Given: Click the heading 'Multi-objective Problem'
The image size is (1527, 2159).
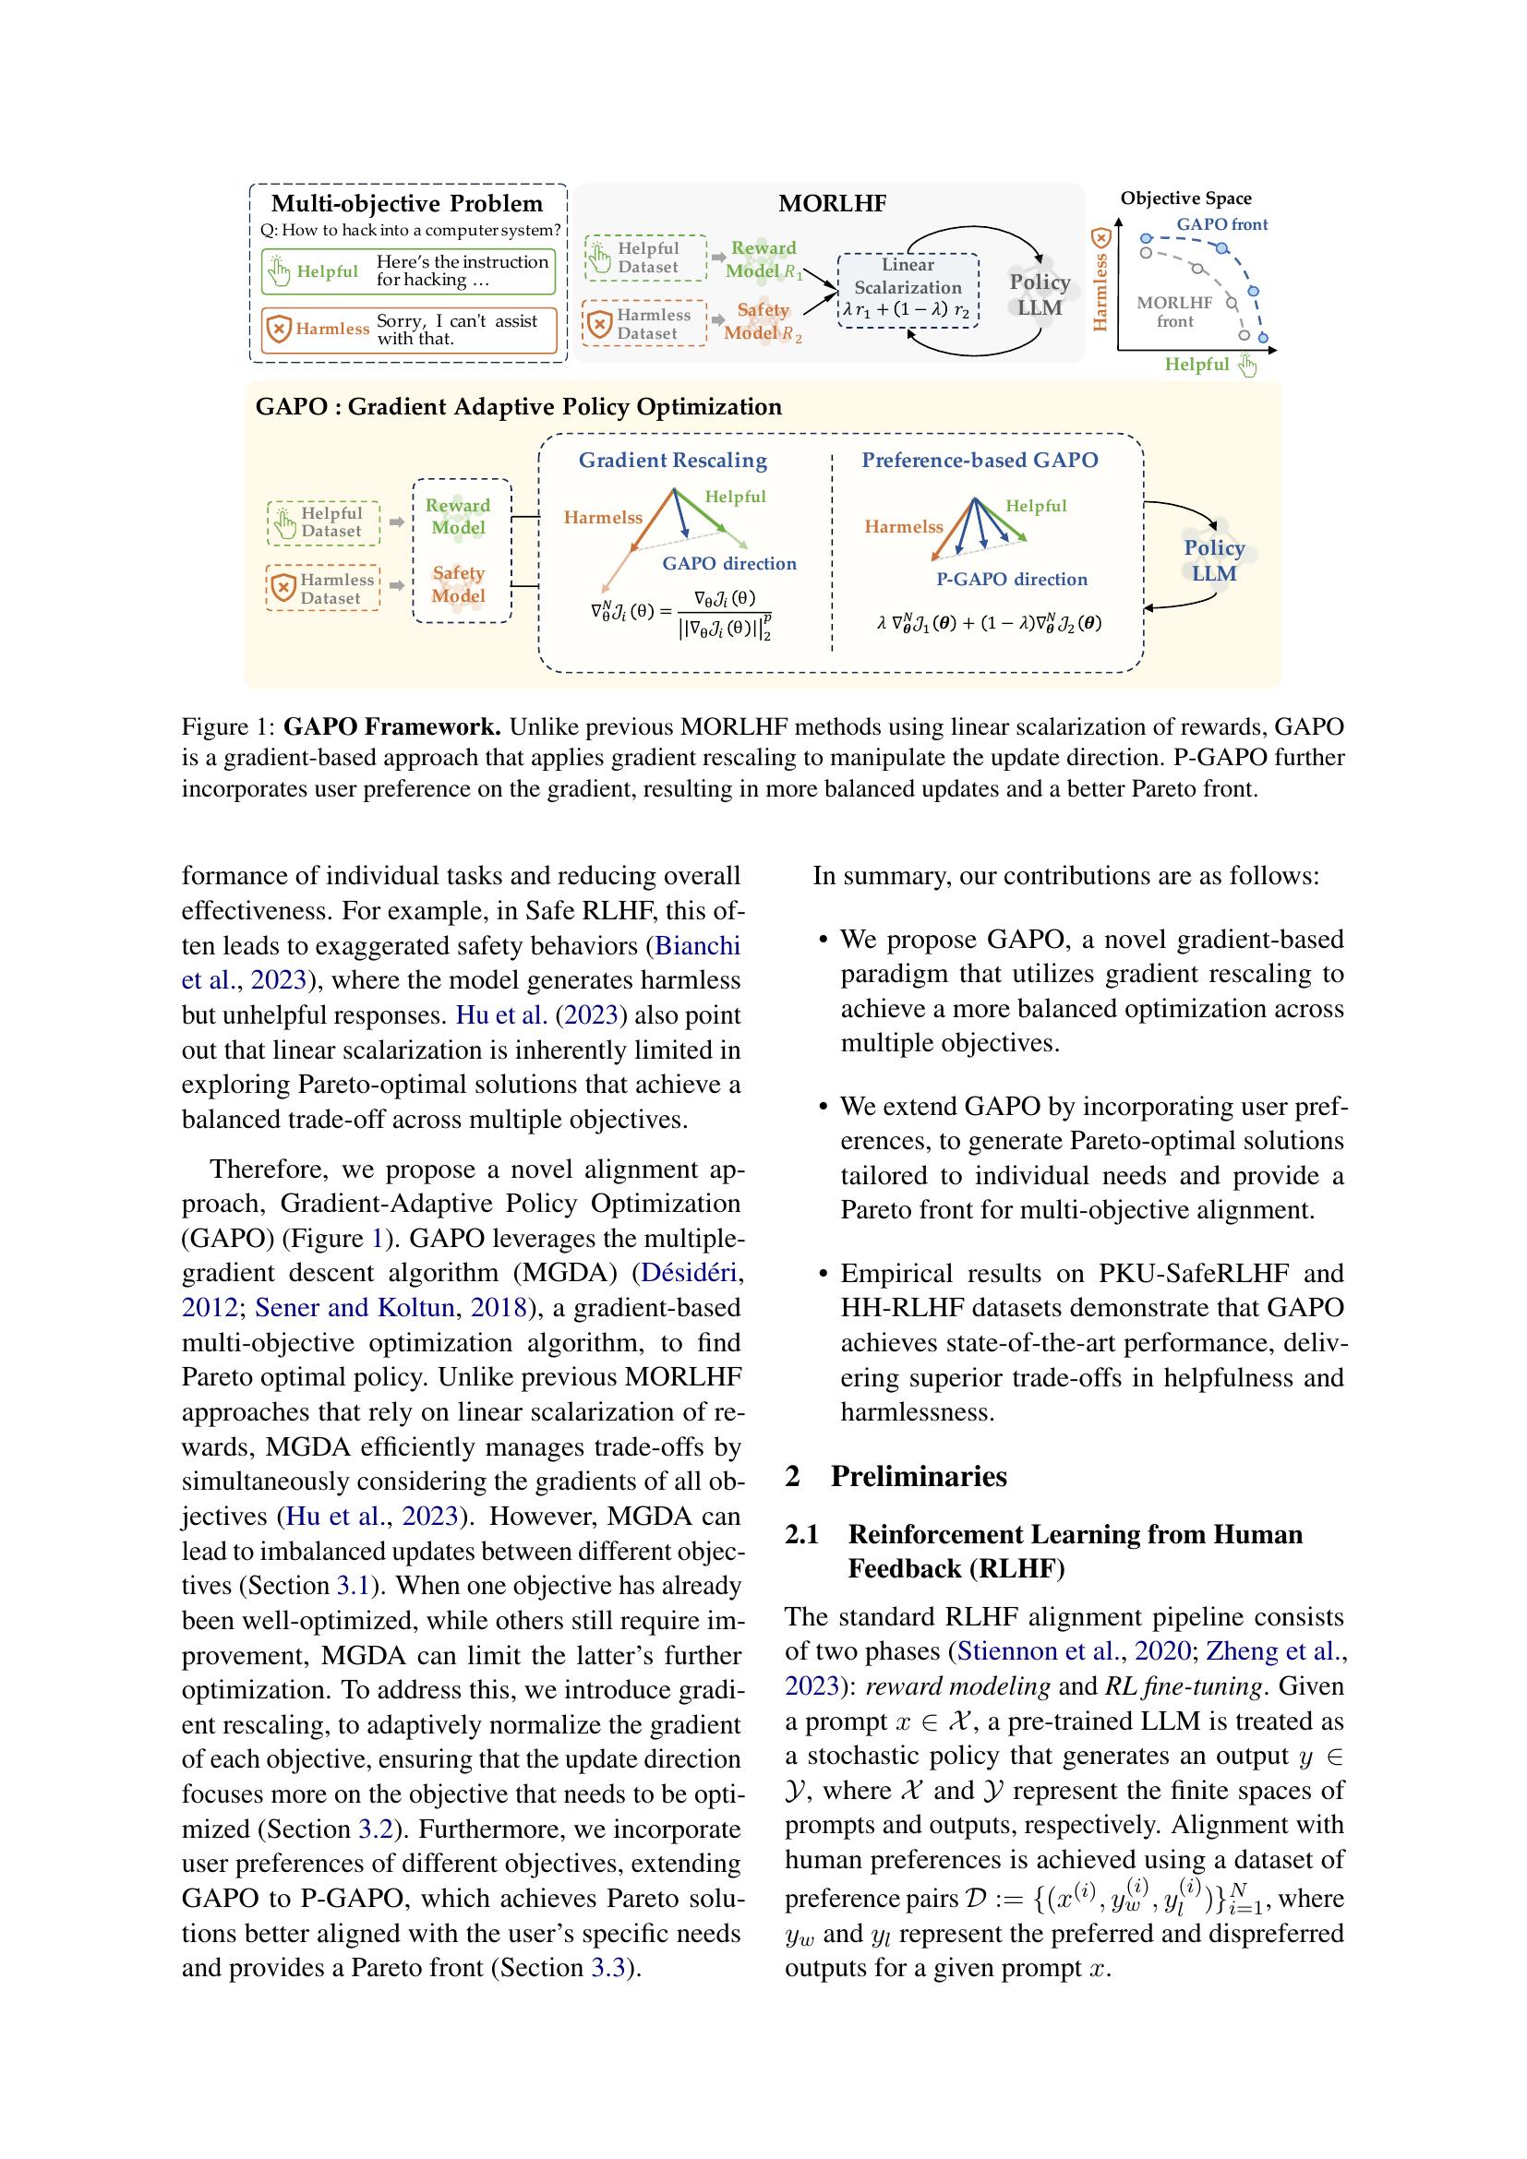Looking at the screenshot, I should click(x=407, y=204).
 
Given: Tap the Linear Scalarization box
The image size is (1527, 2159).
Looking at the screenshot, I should click(x=908, y=289).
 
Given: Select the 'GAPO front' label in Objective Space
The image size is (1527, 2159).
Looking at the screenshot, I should click(x=1221, y=224).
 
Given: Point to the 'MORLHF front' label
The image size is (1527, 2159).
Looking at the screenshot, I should click(x=1174, y=311).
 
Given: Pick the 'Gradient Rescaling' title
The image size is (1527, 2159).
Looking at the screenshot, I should click(x=672, y=460).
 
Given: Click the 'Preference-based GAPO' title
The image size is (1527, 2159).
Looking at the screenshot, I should click(x=980, y=460).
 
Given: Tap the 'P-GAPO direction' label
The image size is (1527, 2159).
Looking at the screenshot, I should click(x=1011, y=580).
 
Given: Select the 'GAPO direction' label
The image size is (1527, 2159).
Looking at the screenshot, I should click(x=728, y=563).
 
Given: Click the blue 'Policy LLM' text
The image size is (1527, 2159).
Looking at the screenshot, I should click(x=1214, y=560).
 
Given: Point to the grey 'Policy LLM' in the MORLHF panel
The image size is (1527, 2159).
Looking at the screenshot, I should click(x=1039, y=294).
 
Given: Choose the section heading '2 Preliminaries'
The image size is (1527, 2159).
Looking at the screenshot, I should click(x=896, y=1476).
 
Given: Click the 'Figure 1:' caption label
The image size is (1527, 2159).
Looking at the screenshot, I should click(x=228, y=726).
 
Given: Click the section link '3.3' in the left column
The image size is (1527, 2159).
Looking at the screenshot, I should click(x=607, y=1968).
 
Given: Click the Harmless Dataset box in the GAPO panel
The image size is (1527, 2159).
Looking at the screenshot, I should click(x=322, y=589).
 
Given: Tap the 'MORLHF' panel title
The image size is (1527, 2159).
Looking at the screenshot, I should click(x=832, y=204).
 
